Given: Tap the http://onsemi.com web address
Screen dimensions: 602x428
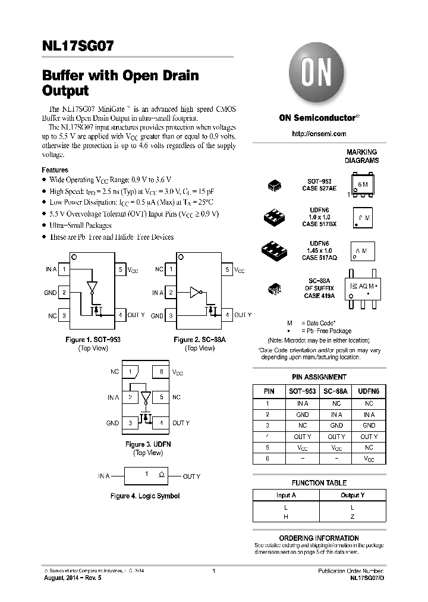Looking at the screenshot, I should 319,134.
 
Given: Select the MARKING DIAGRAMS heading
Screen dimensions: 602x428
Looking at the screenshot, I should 361,156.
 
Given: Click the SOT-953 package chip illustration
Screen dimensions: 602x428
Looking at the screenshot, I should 275,186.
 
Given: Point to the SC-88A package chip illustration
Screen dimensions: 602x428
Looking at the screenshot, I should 275,290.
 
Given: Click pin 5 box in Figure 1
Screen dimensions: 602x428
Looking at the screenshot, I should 120,269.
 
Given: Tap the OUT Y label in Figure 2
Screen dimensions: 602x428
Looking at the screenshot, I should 243,315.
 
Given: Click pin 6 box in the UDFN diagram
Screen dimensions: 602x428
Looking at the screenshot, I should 161,372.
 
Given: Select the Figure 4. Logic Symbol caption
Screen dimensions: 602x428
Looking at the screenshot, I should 145,496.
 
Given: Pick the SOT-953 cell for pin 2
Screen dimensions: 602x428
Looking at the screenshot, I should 302,414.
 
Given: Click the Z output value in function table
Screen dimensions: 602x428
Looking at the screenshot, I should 352,517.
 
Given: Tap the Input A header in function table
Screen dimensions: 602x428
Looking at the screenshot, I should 286,495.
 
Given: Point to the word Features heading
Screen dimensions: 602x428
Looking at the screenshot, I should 55,170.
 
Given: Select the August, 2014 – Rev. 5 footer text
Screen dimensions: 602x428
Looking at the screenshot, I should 69,578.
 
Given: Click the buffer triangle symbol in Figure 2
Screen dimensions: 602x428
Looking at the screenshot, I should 194,292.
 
